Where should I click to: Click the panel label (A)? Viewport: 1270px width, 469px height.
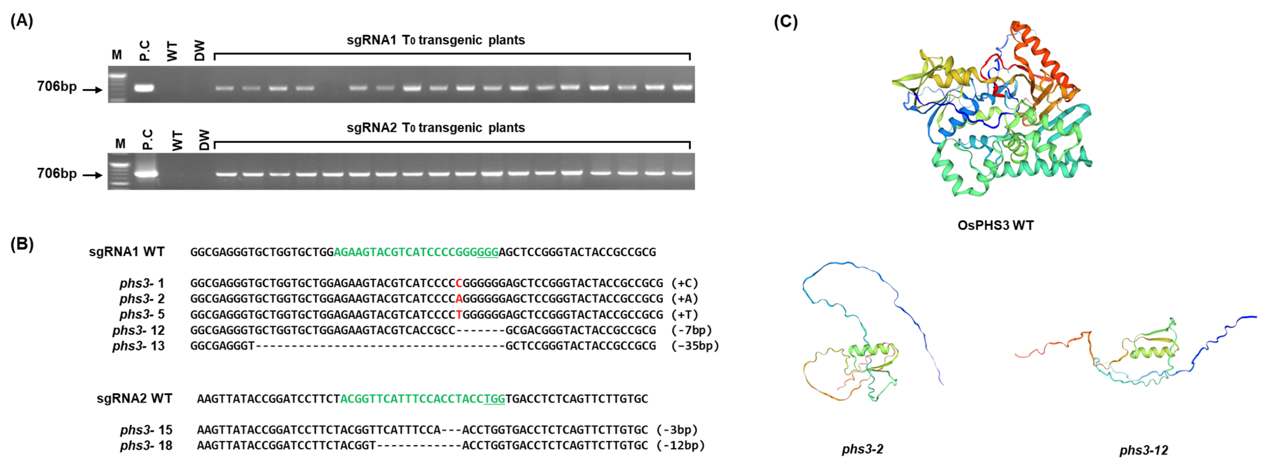tap(22, 21)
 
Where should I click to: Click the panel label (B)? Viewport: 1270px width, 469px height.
tap(22, 245)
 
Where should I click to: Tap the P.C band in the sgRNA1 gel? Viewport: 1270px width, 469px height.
tap(145, 89)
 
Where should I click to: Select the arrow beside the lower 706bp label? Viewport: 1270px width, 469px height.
tap(92, 175)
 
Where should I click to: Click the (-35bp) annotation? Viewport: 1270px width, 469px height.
tap(695, 346)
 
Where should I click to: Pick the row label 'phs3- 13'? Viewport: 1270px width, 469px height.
tap(138, 346)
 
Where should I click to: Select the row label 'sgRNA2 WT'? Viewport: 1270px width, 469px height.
tap(135, 398)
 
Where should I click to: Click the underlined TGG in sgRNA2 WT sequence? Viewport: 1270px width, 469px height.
tap(494, 399)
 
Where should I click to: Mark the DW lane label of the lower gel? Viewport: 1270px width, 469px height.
tap(204, 140)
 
